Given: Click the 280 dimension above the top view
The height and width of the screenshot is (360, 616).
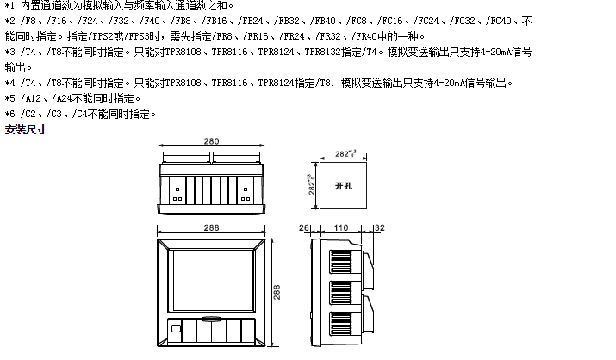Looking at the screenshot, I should [x=211, y=141].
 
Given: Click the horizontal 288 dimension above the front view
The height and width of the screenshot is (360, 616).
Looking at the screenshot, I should [x=211, y=227].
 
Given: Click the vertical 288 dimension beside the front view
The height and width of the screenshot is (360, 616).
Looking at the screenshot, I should [x=277, y=292].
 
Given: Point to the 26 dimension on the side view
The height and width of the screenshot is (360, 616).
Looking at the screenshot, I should [x=303, y=228].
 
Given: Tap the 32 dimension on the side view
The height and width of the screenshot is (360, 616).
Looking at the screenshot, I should [x=380, y=228].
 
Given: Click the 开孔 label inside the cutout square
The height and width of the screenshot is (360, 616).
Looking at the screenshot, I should [x=342, y=185].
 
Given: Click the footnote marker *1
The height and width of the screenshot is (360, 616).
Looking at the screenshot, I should [x=9, y=6].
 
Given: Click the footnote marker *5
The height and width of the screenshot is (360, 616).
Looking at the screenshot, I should [x=9, y=98].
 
